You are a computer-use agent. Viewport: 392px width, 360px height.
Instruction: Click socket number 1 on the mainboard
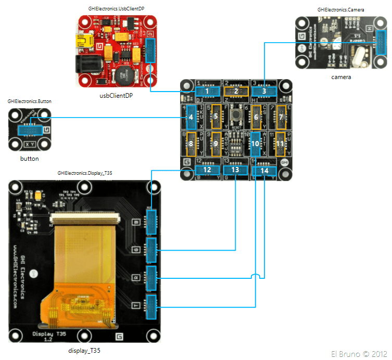(207, 92)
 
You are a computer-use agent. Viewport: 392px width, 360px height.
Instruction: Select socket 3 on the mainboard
(264, 92)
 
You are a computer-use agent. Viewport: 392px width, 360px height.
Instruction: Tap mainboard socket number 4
(191, 117)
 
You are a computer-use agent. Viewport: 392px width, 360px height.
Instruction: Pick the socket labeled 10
(255, 143)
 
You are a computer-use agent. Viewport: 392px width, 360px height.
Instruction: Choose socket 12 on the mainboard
(207, 170)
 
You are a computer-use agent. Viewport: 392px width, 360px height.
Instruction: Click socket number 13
(235, 170)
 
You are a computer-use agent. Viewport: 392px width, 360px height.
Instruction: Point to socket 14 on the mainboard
(264, 170)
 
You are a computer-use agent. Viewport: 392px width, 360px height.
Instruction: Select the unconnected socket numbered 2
(236, 92)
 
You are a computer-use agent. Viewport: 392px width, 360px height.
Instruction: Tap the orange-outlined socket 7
(281, 117)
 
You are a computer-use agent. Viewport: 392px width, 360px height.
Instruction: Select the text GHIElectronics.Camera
(341, 10)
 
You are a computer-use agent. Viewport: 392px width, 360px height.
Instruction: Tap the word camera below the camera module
(341, 77)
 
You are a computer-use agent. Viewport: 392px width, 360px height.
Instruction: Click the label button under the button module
(29, 159)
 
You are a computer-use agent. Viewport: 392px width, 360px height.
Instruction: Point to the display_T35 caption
(84, 351)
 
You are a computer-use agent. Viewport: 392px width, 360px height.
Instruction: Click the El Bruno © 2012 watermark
(359, 354)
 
